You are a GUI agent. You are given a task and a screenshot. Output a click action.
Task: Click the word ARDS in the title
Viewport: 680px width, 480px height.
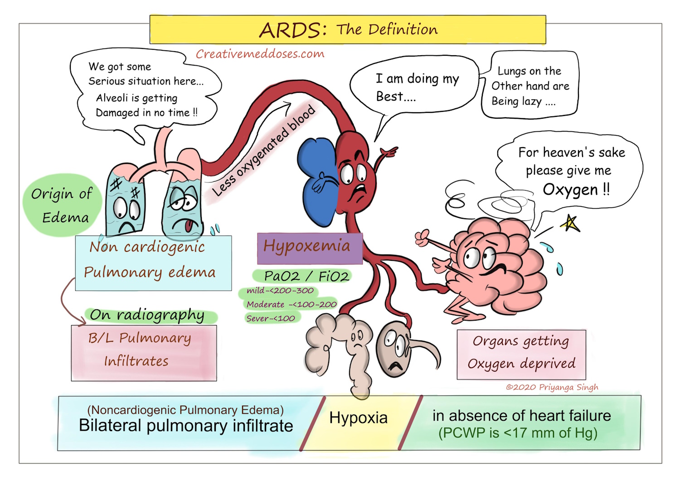point(292,30)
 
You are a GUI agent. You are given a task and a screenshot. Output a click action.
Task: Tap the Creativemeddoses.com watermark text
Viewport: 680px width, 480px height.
point(260,54)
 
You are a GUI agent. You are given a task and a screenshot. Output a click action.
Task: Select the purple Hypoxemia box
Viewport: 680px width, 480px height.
point(309,248)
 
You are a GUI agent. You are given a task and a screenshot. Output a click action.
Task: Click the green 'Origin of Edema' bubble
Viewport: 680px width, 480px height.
point(62,205)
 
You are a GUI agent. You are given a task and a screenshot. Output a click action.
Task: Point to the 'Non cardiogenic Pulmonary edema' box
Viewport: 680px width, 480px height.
point(153,263)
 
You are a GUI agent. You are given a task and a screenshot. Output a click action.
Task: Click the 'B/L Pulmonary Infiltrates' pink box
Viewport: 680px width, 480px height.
point(143,353)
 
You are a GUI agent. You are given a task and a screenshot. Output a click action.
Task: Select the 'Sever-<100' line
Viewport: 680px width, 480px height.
point(271,318)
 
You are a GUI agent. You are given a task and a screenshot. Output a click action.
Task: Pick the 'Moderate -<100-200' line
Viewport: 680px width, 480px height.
point(291,304)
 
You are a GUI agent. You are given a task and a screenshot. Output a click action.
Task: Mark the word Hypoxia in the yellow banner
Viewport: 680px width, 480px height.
point(358,418)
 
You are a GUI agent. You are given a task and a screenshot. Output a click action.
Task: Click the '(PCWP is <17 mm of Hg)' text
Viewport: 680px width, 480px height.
point(517,433)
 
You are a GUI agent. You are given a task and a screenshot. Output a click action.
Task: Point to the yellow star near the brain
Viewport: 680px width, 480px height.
point(570,223)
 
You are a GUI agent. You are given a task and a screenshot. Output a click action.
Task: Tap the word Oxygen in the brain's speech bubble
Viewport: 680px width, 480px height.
point(570,190)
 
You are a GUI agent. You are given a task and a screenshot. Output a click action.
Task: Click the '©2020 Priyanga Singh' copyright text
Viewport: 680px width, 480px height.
point(552,387)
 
